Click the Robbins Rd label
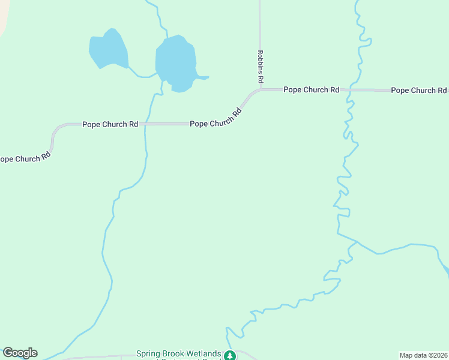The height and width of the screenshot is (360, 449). click(261, 67)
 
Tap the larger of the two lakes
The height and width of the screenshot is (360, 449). click(175, 62)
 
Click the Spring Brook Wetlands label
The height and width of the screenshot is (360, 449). click(178, 354)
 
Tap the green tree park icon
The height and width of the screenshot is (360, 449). click(229, 355)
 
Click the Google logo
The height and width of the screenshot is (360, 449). click(20, 353)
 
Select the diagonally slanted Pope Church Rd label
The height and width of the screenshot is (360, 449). click(216, 117)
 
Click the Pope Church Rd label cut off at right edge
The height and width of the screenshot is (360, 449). click(418, 91)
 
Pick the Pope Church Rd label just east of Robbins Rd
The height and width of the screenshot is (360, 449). click(311, 90)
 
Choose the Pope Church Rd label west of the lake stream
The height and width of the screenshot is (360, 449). click(110, 124)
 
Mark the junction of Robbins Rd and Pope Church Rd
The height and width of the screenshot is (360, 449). click(261, 90)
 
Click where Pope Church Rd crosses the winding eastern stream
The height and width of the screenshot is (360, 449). click(350, 90)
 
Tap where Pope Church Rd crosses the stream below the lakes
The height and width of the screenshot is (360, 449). click(146, 124)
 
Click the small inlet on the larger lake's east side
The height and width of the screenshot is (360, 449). click(203, 77)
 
